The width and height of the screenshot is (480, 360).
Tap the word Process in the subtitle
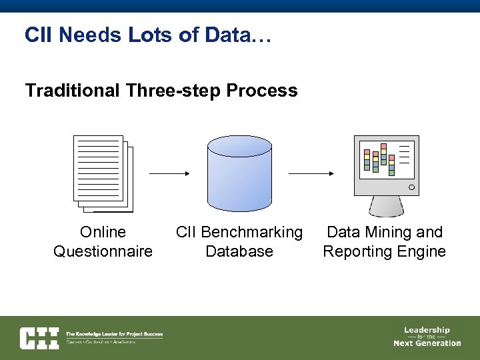(262, 90)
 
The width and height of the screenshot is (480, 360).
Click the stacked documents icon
(103, 173)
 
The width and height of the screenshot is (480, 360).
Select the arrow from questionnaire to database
(169, 173)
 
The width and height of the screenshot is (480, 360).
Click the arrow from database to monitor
(311, 173)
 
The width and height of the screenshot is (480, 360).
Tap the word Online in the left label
(103, 232)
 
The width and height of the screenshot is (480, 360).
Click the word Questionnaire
(103, 251)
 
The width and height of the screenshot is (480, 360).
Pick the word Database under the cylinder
(239, 251)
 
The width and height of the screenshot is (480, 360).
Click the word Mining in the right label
(386, 232)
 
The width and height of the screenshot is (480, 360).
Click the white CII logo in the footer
(39, 338)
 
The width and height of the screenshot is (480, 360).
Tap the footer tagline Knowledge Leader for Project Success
(114, 333)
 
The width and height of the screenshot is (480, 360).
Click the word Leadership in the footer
(427, 329)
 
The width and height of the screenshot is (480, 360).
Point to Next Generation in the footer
(427, 343)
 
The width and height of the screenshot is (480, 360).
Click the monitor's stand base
(386, 212)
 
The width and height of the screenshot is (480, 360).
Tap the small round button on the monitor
(411, 187)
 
